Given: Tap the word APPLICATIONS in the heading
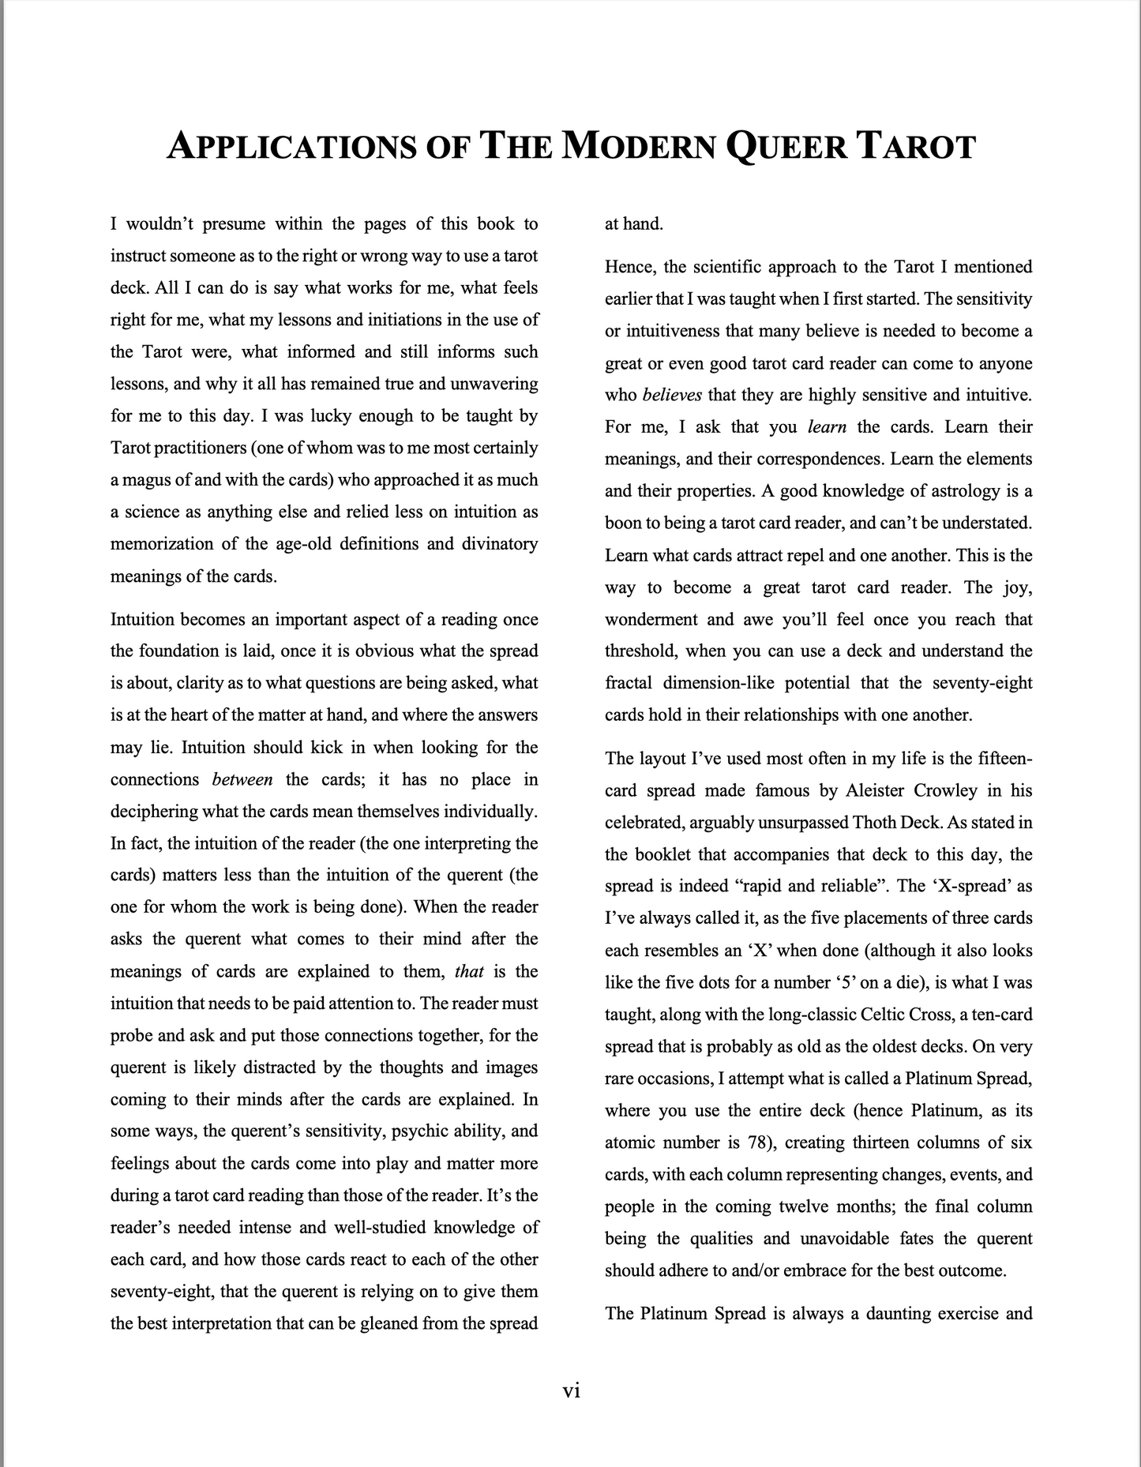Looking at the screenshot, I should click(x=289, y=147).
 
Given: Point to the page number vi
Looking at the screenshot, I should click(x=571, y=1390).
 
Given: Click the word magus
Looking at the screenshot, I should click(x=148, y=480).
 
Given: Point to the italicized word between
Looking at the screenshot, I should click(x=242, y=779).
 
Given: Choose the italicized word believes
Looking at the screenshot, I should click(x=672, y=395).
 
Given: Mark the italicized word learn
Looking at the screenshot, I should click(x=827, y=427).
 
